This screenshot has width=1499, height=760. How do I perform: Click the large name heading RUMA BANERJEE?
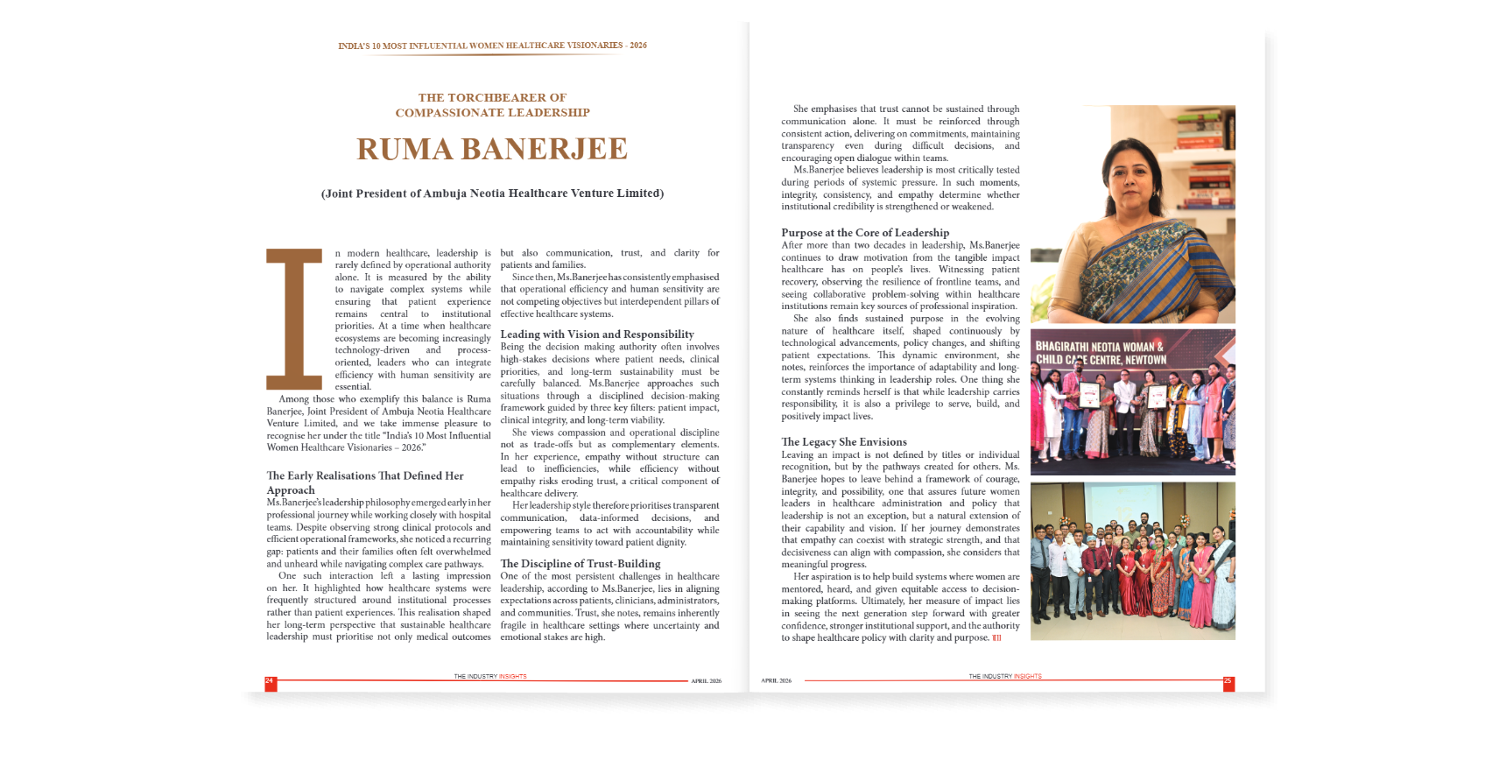pyautogui.click(x=492, y=150)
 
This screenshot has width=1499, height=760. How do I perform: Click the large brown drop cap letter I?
pyautogui.click(x=294, y=319)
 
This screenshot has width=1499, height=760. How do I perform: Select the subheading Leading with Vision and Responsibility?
pyautogui.click(x=597, y=334)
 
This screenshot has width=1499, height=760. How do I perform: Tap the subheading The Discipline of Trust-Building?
pyautogui.click(x=581, y=564)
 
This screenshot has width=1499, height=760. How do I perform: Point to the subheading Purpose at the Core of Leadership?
pyautogui.click(x=865, y=233)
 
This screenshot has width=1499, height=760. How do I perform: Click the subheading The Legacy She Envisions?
pyautogui.click(x=844, y=442)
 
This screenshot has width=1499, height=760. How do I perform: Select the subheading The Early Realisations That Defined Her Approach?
pyautogui.click(x=365, y=482)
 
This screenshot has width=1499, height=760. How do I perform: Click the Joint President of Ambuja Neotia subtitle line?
pyautogui.click(x=492, y=194)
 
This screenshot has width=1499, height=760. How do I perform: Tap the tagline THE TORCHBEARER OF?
pyautogui.click(x=492, y=97)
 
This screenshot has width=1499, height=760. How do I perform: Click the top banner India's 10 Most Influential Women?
pyautogui.click(x=492, y=46)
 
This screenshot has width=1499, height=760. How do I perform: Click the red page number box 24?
pyautogui.click(x=271, y=683)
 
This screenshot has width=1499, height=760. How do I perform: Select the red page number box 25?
pyautogui.click(x=1228, y=683)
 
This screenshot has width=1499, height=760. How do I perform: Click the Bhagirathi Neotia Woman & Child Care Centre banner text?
pyautogui.click(x=1101, y=353)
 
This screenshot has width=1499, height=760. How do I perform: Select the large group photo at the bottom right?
pyautogui.click(x=1132, y=560)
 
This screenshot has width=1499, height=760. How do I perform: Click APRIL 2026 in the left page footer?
pyautogui.click(x=706, y=680)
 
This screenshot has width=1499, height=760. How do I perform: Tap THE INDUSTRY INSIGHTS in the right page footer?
pyautogui.click(x=1004, y=676)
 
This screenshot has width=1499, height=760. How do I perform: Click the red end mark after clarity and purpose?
pyautogui.click(x=996, y=638)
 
